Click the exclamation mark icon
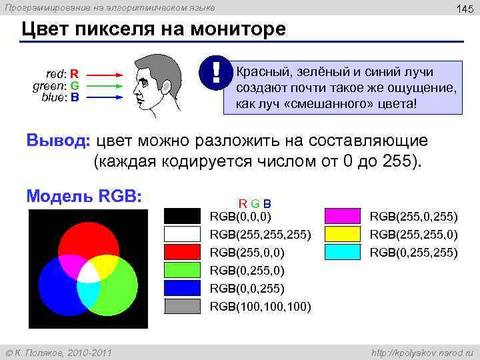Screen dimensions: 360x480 [216, 73]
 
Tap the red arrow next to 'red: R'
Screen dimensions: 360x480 [103, 74]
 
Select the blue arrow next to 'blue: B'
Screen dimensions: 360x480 [103, 97]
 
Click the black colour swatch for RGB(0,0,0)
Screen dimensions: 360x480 [182, 216]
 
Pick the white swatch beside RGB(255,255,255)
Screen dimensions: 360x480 [182, 234]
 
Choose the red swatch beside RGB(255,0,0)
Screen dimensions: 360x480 [182, 252]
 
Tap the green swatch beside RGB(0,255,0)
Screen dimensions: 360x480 [182, 270]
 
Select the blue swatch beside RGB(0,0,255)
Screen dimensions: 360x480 [182, 288]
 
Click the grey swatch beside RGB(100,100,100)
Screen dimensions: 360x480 [182, 306]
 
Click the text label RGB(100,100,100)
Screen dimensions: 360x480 [260, 307]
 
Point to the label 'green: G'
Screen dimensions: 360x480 [57, 85]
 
